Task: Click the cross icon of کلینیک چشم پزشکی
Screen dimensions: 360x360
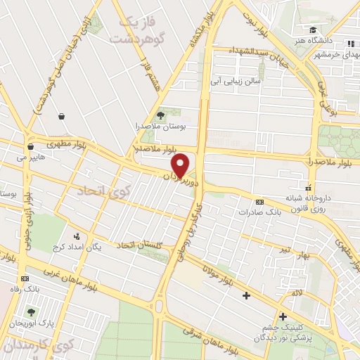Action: click(x=283, y=317)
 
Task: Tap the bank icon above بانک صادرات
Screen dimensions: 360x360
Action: click(x=259, y=200)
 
